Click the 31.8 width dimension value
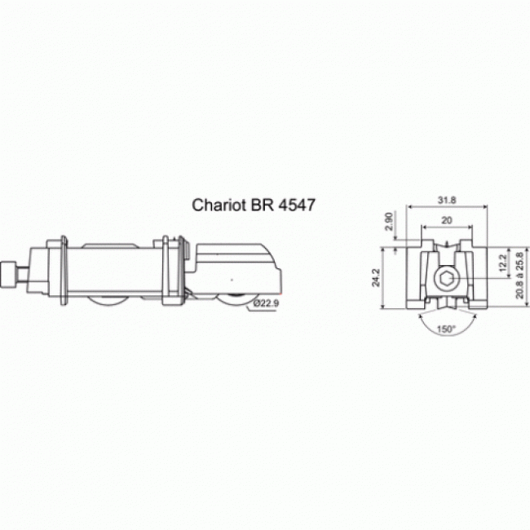(x=447, y=199)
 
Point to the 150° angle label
(x=446, y=329)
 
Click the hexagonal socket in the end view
(x=445, y=280)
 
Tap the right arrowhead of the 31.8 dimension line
(x=486, y=207)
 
